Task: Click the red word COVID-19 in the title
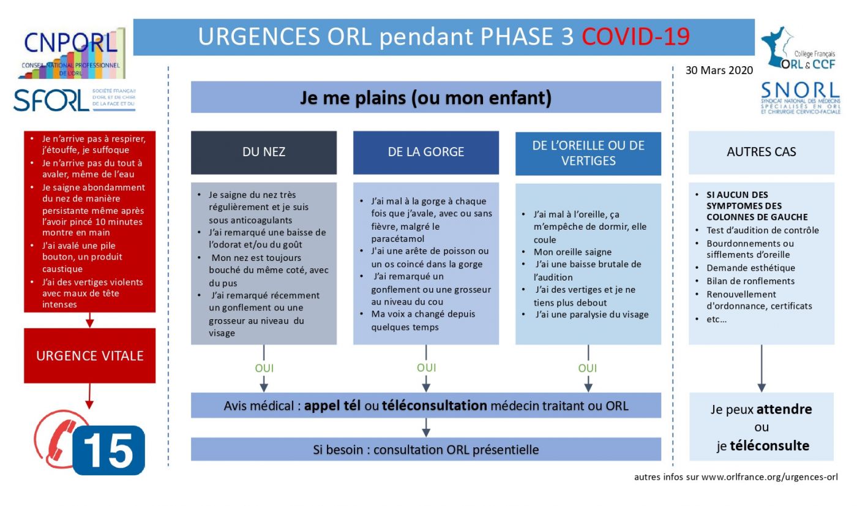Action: tap(635, 37)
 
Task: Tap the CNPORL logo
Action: tap(71, 53)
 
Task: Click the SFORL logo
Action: tap(74, 100)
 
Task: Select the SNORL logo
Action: tap(801, 97)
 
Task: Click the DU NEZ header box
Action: tap(264, 153)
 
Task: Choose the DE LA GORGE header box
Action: tap(426, 153)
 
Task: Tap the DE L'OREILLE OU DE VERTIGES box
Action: tap(588, 153)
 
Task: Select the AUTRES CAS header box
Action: tap(762, 153)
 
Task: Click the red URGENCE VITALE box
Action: tap(90, 356)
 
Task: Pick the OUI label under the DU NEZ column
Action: tap(264, 369)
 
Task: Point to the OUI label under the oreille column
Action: tap(588, 369)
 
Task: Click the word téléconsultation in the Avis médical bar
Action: tap(435, 406)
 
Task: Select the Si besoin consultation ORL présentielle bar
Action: tap(426, 450)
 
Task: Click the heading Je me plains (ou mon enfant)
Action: tap(426, 97)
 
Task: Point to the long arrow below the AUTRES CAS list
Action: tap(762, 368)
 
